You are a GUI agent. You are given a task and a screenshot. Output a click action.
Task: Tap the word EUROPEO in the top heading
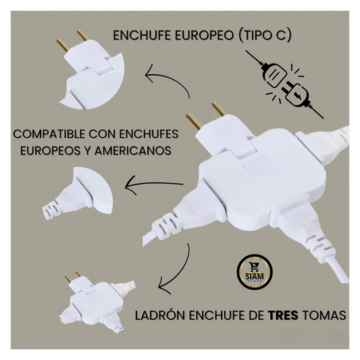tap(204, 36)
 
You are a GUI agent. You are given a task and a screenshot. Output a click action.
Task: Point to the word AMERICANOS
tap(133, 151)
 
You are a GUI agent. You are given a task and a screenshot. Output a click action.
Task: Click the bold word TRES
tap(283, 315)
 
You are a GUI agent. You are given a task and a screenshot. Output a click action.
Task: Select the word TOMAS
tap(324, 315)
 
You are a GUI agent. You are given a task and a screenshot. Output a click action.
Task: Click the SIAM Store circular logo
tap(255, 272)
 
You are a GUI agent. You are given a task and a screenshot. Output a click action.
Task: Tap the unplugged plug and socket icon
tap(284, 84)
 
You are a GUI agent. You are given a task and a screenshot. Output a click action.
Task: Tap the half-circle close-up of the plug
tap(78, 193)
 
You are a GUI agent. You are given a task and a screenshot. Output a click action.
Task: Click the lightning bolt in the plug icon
tap(297, 95)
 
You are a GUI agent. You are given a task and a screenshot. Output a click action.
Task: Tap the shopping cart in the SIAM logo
tap(254, 266)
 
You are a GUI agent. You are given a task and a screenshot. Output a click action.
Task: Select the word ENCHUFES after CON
tap(149, 134)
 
